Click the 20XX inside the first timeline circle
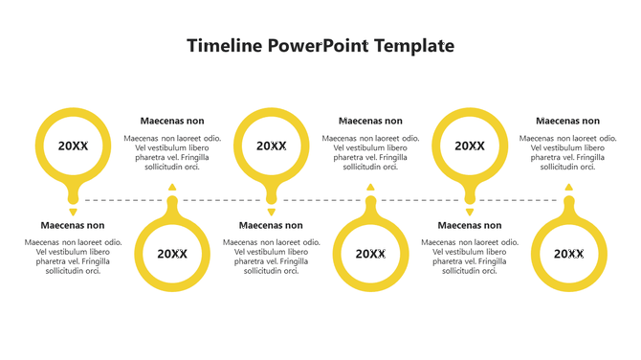click(x=73, y=146)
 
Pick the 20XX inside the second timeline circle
click(x=172, y=254)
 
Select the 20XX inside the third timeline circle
click(x=271, y=146)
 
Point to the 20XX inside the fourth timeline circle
click(x=370, y=254)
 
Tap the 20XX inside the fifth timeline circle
click(x=469, y=146)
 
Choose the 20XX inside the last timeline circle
click(x=568, y=254)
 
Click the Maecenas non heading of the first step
click(x=73, y=226)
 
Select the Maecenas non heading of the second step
click(x=172, y=121)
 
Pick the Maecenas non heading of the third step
click(x=271, y=226)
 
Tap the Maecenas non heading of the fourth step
click(x=370, y=121)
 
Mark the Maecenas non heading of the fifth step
click(x=469, y=226)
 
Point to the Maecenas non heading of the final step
click(x=568, y=121)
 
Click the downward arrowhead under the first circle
click(x=73, y=212)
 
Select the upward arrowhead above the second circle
click(x=172, y=188)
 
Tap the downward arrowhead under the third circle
click(x=271, y=212)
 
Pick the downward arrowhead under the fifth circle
click(x=469, y=212)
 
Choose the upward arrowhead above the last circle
click(x=568, y=188)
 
